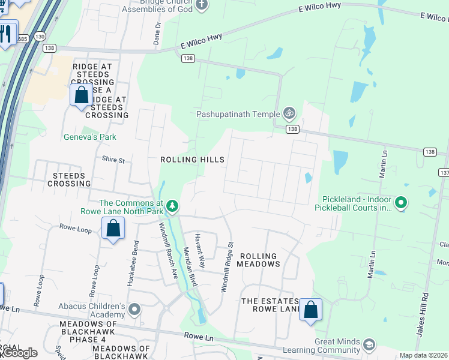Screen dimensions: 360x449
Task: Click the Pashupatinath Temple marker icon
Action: tap(289, 113)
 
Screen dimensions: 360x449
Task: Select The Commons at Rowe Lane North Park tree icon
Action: tap(172, 206)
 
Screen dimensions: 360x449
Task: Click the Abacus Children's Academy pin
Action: tap(134, 310)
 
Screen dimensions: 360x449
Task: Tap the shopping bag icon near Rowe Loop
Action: tap(113, 229)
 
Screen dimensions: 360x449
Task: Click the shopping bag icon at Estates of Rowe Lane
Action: tap(310, 310)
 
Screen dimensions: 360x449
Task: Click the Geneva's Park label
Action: tap(90, 137)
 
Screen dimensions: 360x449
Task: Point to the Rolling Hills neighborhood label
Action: tap(192, 160)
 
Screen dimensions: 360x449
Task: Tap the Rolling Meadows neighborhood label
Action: tap(260, 260)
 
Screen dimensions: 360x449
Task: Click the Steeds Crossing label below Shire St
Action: tap(69, 179)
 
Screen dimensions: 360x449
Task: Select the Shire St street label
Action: tap(113, 160)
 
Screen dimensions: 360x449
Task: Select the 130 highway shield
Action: tap(40, 37)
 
